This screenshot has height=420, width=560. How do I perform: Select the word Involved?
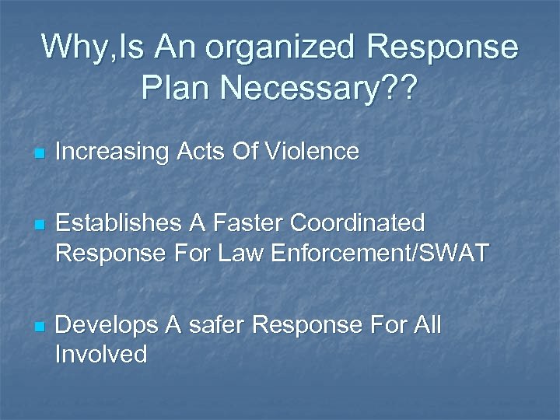(100, 355)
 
